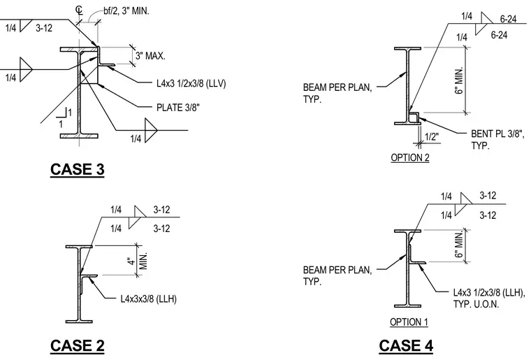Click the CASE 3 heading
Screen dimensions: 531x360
(78, 169)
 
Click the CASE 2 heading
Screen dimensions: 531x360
(78, 346)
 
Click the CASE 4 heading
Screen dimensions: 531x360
(406, 346)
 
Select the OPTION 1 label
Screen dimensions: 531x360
(409, 322)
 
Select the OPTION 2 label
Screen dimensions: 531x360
(410, 157)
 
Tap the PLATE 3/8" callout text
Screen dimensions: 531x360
(177, 108)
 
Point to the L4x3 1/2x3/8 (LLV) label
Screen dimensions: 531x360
(191, 83)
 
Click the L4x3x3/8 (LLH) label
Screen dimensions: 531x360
(148, 298)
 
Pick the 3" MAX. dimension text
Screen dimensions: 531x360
(150, 56)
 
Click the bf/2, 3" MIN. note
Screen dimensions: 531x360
(126, 11)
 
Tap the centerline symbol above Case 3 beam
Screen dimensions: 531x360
(79, 10)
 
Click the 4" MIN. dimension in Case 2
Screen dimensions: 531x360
(138, 261)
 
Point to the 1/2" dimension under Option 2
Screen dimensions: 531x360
(432, 137)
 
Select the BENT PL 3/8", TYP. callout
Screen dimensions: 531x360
(497, 140)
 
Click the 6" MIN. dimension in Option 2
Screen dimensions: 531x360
(459, 80)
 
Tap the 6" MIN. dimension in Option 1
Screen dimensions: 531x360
(459, 245)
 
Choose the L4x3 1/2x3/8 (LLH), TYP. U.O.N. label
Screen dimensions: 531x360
(489, 298)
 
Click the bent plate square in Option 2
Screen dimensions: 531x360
(414, 117)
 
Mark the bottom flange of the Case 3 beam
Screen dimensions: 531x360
(79, 136)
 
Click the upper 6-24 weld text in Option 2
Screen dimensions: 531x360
(509, 19)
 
